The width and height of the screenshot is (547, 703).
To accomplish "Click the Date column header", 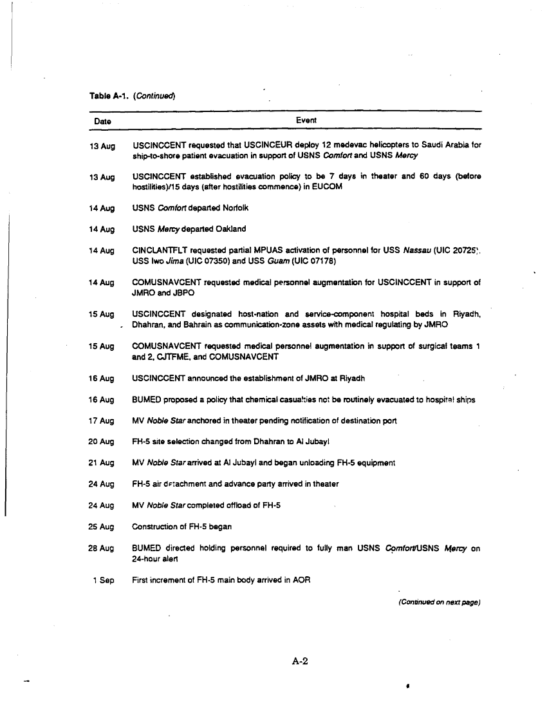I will coord(102,121).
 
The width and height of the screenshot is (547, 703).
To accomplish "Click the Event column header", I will coord(306,120).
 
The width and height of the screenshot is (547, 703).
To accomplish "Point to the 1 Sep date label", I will coord(103,580).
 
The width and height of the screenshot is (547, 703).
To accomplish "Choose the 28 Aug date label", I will coord(102,548).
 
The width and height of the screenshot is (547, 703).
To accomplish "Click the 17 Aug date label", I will coord(102,421).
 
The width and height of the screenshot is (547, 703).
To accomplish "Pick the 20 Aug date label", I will coord(102,442).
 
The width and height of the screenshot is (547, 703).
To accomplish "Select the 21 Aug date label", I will coord(102,464).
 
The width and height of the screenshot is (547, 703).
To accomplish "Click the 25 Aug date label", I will coord(102,527).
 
